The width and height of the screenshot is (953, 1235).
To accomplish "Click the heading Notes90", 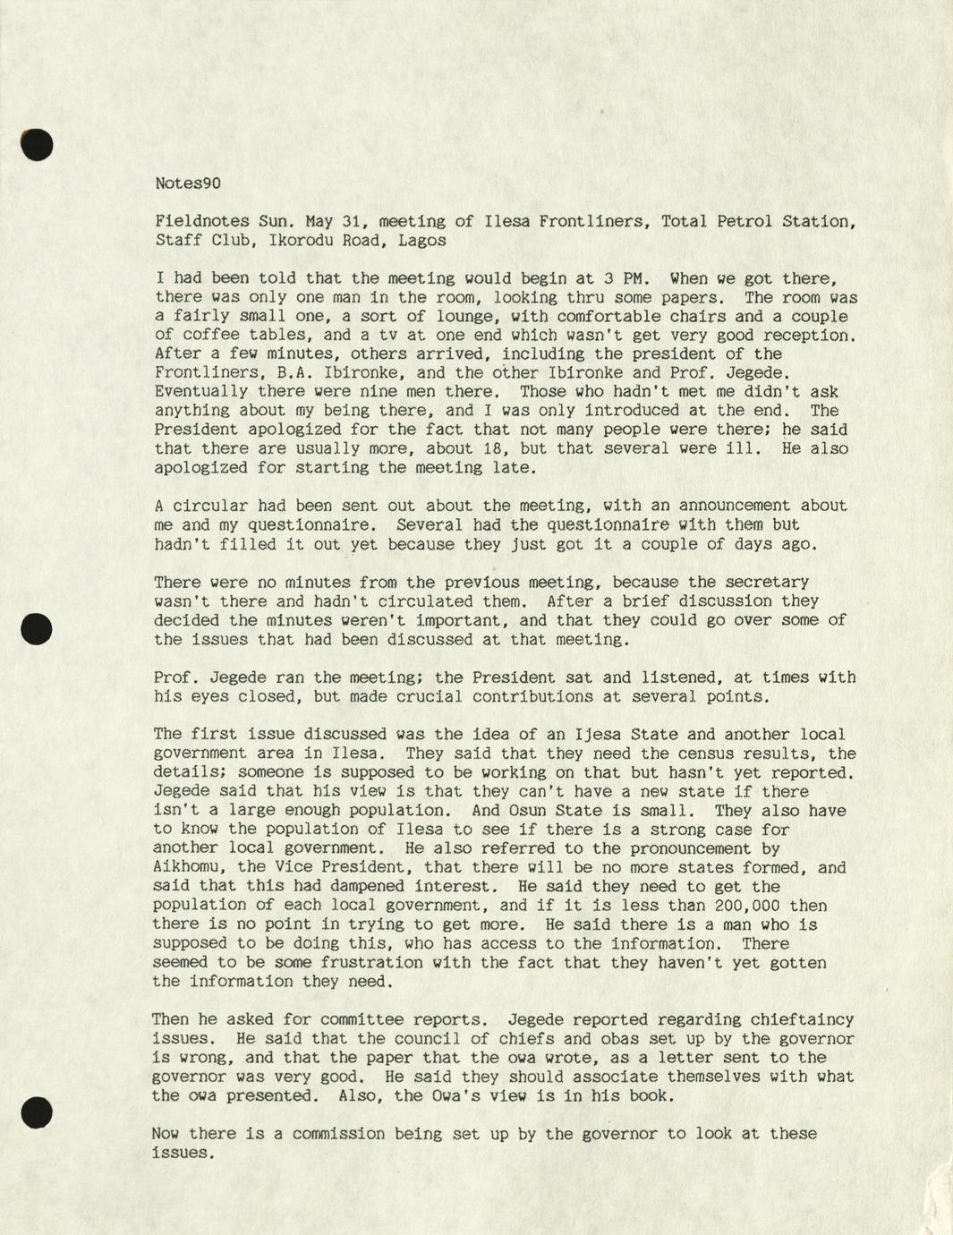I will pyautogui.click(x=188, y=183).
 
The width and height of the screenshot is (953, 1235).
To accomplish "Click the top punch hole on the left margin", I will pyautogui.click(x=38, y=144).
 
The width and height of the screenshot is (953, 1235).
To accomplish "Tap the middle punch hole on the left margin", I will pyautogui.click(x=37, y=628).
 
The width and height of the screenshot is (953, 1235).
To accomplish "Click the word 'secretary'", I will pyautogui.click(x=767, y=583).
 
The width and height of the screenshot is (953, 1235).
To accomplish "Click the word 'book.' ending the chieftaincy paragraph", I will pyautogui.click(x=649, y=1095).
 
